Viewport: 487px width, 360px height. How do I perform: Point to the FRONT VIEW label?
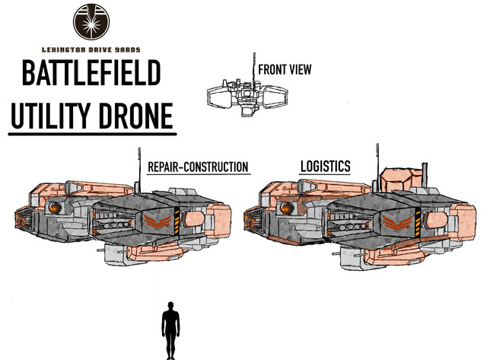pyautogui.click(x=285, y=70)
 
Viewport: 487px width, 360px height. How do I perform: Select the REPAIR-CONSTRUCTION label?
pyautogui.click(x=198, y=167)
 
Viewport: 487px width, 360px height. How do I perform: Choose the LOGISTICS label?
pyautogui.click(x=325, y=166)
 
